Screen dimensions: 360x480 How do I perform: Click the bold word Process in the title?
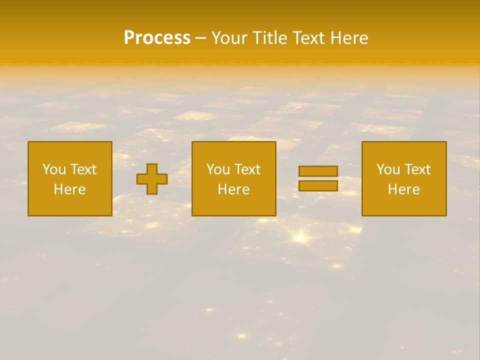(157, 38)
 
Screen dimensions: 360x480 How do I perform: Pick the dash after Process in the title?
(200, 39)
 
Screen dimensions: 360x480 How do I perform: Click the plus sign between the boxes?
(152, 179)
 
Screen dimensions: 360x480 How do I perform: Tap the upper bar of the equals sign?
(318, 171)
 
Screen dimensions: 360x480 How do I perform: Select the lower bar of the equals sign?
(318, 186)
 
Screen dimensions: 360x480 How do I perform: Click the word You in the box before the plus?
(53, 169)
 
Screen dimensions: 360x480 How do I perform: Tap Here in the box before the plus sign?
(69, 189)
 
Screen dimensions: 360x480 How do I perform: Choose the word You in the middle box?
(217, 169)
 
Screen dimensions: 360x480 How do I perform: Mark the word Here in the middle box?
(233, 189)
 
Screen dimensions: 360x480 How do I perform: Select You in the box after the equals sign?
(387, 169)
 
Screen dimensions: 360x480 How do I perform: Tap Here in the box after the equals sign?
(403, 189)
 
